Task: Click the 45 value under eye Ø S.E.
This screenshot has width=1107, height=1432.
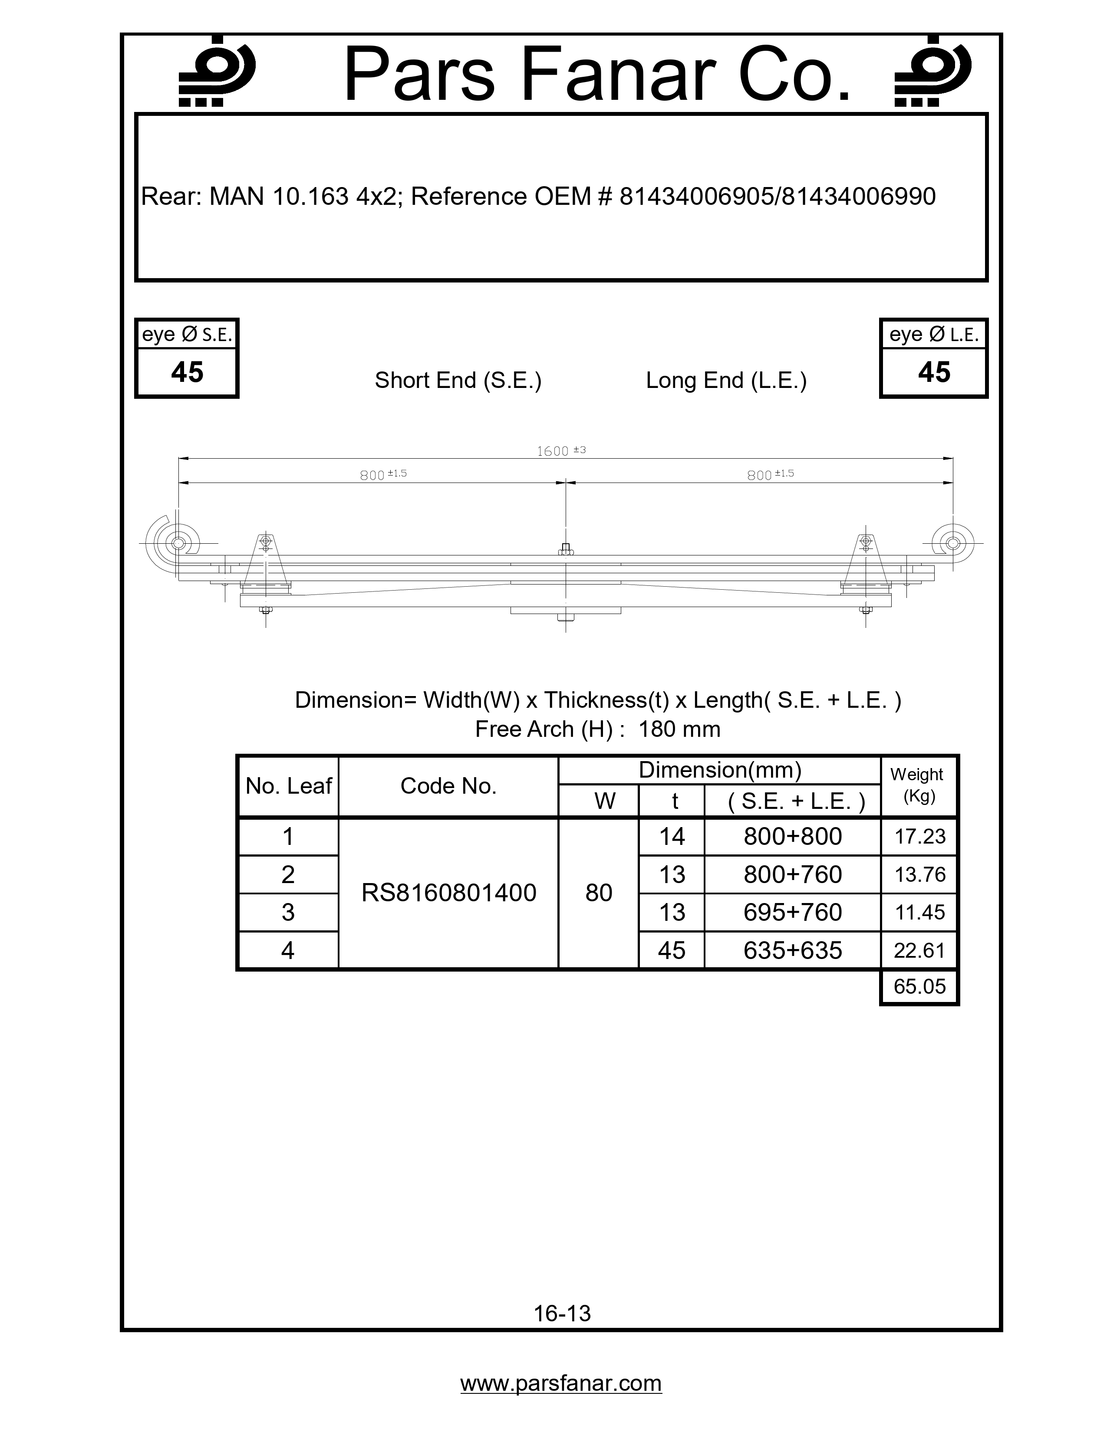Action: (187, 372)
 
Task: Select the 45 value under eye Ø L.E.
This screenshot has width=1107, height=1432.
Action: (934, 372)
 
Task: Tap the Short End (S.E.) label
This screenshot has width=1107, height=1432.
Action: (458, 380)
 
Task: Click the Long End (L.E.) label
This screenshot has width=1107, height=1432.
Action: (726, 380)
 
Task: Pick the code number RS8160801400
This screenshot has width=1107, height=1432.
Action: (448, 893)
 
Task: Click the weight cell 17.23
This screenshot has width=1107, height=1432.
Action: (919, 837)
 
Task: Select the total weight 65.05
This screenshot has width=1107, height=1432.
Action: (919, 986)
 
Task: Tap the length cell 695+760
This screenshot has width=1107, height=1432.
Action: (792, 912)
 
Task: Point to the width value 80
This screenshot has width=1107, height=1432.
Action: (599, 893)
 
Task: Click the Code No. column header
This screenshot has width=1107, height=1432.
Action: (448, 786)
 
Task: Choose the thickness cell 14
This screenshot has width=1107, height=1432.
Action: (672, 837)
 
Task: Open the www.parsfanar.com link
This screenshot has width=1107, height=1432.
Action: (561, 1383)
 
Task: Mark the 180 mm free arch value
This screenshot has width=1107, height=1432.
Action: (679, 729)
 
